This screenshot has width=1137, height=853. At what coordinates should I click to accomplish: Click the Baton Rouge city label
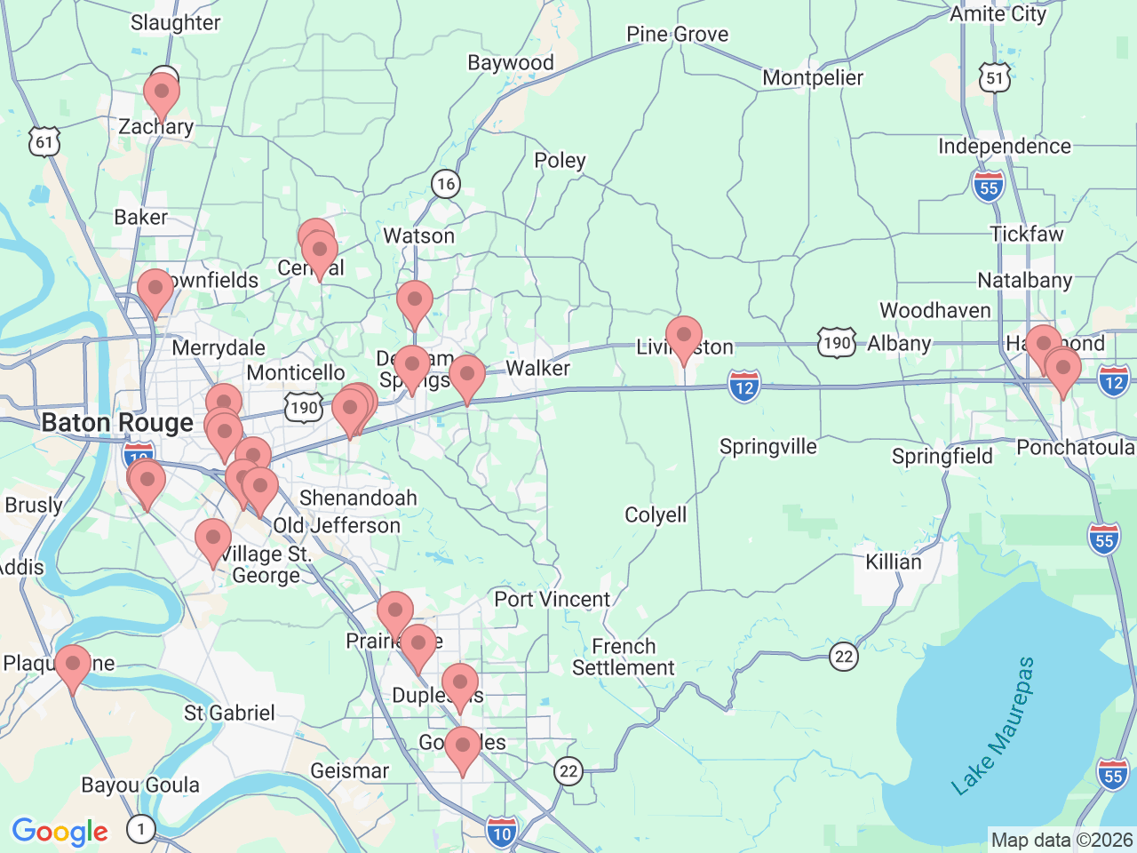pos(117,423)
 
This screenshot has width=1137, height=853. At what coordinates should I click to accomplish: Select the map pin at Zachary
pos(162,92)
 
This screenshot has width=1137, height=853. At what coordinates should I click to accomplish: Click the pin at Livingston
pos(684,337)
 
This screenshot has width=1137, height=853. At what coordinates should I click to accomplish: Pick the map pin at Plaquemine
pos(73,666)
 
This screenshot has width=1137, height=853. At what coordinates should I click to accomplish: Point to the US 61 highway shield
pos(44,142)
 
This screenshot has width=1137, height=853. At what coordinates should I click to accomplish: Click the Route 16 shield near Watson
pos(445,184)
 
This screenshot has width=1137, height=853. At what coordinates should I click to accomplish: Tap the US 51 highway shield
pos(995,78)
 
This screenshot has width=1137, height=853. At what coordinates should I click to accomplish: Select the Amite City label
pos(998,14)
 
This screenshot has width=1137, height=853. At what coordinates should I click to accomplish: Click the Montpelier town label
pos(813,78)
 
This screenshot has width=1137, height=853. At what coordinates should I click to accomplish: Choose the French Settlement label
pos(624,658)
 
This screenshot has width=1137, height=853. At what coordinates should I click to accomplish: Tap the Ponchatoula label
pos(1075,447)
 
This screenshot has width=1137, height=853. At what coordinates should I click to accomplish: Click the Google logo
pos(60,832)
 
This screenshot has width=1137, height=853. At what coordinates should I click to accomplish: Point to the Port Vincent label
pos(553,600)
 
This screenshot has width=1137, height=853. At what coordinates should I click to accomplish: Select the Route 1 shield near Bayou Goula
pos(140,829)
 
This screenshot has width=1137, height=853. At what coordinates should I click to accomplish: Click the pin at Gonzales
pos(463,747)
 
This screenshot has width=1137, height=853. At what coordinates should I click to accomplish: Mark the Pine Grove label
pos(677,35)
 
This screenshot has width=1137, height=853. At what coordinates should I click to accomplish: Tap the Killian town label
pos(894,562)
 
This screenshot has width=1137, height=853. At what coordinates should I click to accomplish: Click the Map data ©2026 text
pos(1061,840)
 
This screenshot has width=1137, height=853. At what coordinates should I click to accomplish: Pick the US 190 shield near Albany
pos(837,344)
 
